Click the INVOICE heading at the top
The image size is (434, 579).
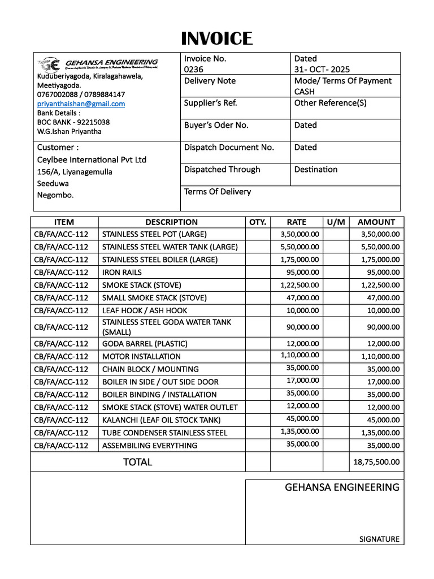coord(217,38)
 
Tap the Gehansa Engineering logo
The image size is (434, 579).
coord(98,63)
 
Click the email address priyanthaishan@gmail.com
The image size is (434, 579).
coord(81,103)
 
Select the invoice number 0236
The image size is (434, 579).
coord(193,70)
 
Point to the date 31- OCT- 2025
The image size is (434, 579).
coord(322,70)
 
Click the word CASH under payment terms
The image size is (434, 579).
coord(305,92)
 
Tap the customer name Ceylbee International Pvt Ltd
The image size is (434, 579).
coord(92,159)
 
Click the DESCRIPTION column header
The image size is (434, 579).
coord(171,222)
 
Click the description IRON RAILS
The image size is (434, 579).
coord(121,272)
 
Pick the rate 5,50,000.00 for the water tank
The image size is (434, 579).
coord(300,247)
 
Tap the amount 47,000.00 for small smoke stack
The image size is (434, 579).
coord(380,297)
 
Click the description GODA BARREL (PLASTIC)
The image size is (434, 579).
coord(145,344)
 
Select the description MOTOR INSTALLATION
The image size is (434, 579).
coord(141,356)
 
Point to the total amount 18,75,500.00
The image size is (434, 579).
coord(376,462)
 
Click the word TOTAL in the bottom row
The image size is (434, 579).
coord(137,462)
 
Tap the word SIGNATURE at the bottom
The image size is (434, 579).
coord(379,539)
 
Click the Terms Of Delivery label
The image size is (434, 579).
coord(218,192)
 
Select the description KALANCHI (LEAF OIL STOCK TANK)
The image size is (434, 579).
coord(161,420)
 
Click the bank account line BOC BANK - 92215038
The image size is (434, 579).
coord(73,122)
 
